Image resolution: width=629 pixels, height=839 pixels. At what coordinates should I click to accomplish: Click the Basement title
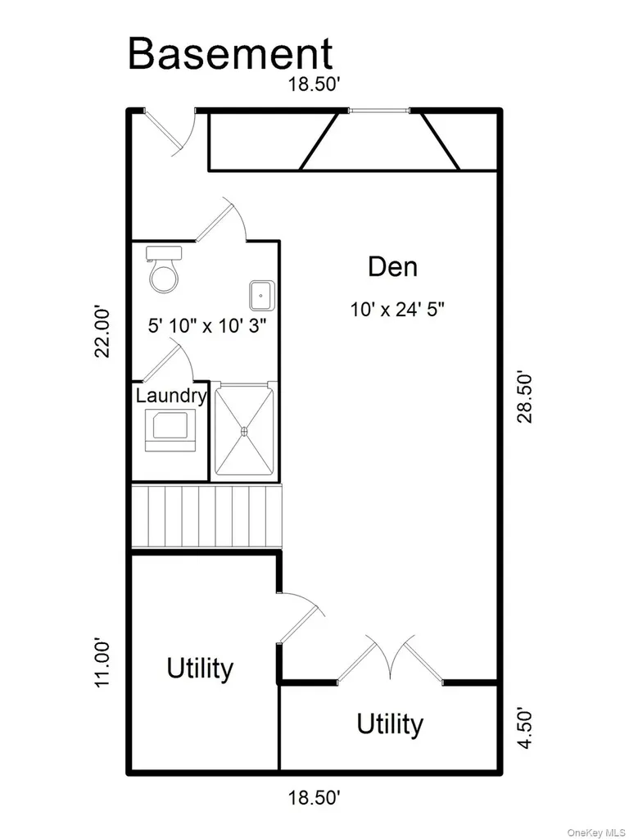(230, 53)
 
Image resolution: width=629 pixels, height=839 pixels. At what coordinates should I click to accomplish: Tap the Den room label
(392, 266)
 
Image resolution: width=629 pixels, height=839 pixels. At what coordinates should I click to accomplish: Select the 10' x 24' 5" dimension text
(397, 309)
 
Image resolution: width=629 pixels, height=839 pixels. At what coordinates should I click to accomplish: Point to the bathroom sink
(262, 294)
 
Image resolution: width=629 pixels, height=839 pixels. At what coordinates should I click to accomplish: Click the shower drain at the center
(245, 430)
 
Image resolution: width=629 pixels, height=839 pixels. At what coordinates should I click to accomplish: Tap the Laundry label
(171, 396)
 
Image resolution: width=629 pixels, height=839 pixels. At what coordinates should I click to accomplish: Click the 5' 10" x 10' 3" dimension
(207, 325)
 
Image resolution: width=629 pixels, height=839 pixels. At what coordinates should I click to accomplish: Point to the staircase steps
(206, 516)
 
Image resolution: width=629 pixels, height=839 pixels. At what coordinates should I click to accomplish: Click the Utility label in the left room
(200, 669)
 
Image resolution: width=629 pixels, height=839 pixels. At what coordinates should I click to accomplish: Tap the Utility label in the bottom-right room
(389, 724)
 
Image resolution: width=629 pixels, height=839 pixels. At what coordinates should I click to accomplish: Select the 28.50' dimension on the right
(525, 397)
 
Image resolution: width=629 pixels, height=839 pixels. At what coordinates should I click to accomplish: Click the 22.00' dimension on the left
(102, 332)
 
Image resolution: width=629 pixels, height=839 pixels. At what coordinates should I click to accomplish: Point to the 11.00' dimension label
(102, 661)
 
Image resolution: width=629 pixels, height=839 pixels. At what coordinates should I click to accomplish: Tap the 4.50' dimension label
(525, 728)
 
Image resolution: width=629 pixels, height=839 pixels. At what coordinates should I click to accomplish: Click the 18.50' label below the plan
(314, 798)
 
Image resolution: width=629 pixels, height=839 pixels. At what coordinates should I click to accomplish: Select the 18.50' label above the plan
(314, 84)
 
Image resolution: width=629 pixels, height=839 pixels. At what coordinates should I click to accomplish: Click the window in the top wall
(379, 111)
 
